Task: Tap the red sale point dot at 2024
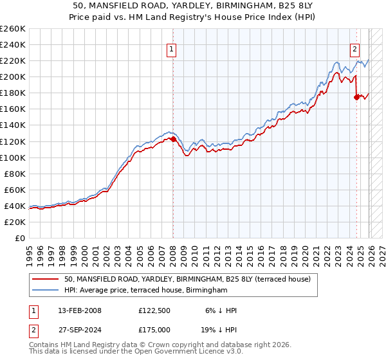[x=356, y=97]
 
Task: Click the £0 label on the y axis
[x=20, y=238]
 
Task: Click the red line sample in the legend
[x=45, y=279]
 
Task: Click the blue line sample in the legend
[x=45, y=291]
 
